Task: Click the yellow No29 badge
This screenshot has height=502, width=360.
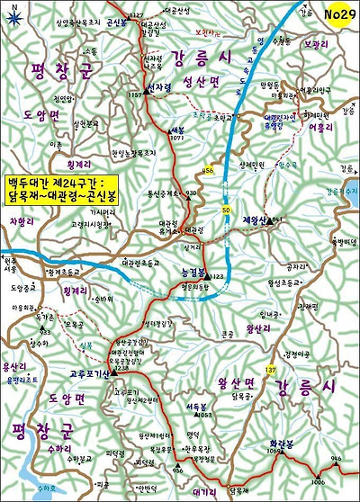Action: (x=335, y=14)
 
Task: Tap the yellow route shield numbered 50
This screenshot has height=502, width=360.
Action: (x=226, y=211)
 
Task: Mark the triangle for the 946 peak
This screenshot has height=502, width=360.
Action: (x=335, y=465)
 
